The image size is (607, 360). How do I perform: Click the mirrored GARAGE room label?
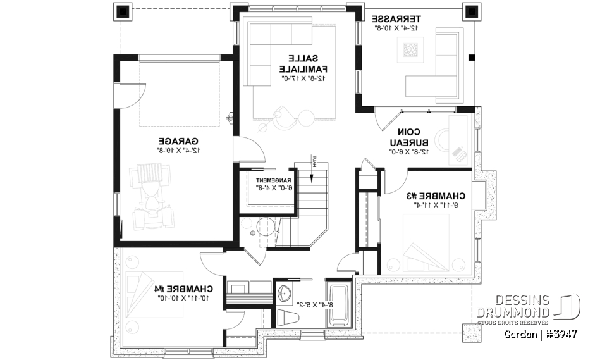click(x=179, y=140)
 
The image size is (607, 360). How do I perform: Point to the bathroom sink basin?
click(x=285, y=293)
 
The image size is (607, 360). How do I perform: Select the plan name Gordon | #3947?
click(x=541, y=333)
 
